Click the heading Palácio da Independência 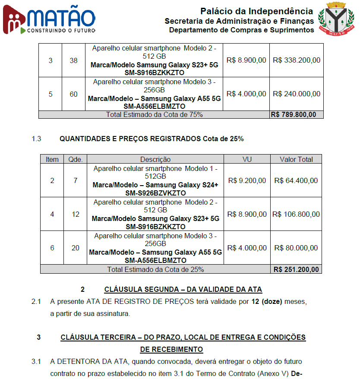tap(256, 11)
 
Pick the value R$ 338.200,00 tap(297, 60)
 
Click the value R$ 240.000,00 tap(297, 94)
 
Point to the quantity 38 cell tap(74, 60)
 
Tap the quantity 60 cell tap(74, 94)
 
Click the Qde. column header tap(76, 159)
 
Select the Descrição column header tap(155, 159)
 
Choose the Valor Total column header tap(296, 159)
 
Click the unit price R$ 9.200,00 tap(247, 180)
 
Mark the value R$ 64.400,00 tap(296, 180)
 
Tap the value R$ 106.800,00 tap(296, 214)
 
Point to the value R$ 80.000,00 tap(296, 248)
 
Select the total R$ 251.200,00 tap(296, 269)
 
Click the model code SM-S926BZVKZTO tap(155, 193)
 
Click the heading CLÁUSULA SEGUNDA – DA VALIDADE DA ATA tap(183, 289)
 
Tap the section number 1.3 tap(36, 139)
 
